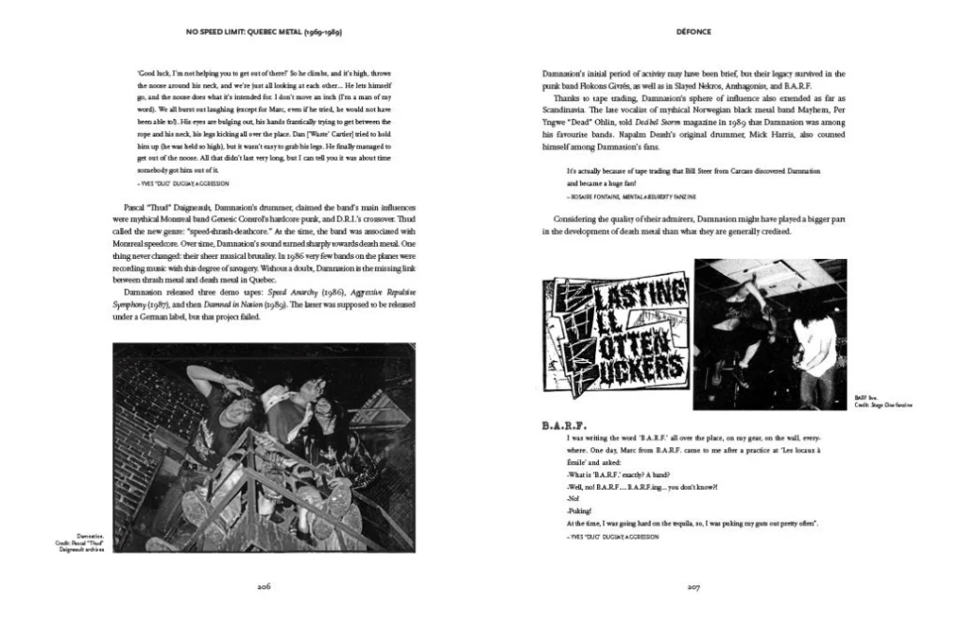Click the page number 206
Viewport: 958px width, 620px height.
click(264, 587)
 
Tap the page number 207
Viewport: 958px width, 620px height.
click(693, 587)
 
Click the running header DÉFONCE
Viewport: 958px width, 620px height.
click(693, 32)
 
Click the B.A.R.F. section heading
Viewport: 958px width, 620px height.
click(564, 426)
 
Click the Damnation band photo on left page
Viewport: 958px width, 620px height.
click(263, 446)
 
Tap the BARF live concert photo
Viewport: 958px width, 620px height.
click(770, 334)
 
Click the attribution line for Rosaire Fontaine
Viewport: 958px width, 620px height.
click(637, 198)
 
